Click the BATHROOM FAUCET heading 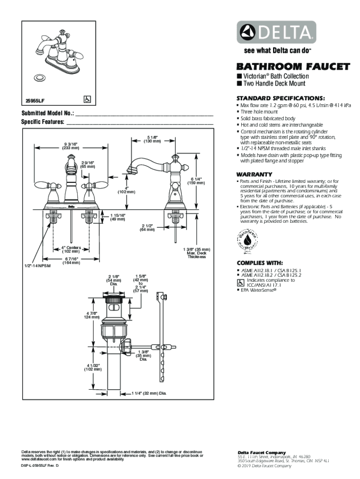(293, 67)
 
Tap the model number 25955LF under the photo (35, 100)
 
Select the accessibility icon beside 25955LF (87, 99)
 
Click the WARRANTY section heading (254, 174)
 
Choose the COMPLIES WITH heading (259, 262)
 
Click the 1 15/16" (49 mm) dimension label (117, 217)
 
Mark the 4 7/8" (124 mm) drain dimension (92, 315)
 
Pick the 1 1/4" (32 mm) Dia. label (149, 393)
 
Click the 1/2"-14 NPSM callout (38, 266)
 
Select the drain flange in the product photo (40, 77)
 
